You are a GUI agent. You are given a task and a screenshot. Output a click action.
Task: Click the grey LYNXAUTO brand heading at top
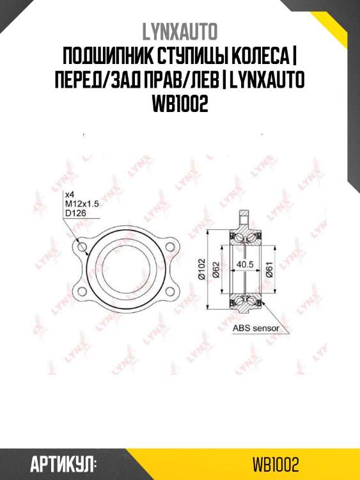pos(180,31)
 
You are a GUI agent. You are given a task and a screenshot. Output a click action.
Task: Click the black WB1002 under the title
pos(180,104)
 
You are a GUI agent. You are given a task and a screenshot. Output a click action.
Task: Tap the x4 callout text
pos(70,195)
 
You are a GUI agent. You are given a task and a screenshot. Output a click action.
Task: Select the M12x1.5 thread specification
pos(82,204)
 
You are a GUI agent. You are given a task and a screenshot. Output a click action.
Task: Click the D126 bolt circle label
pos(76,212)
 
